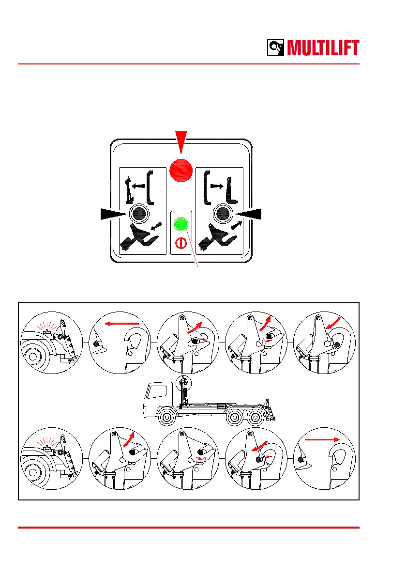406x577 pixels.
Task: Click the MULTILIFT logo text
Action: [x=323, y=48]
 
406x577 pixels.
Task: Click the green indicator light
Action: [x=181, y=224]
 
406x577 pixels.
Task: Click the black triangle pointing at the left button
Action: [x=114, y=213]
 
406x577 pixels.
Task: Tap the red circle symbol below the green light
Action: [x=181, y=243]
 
